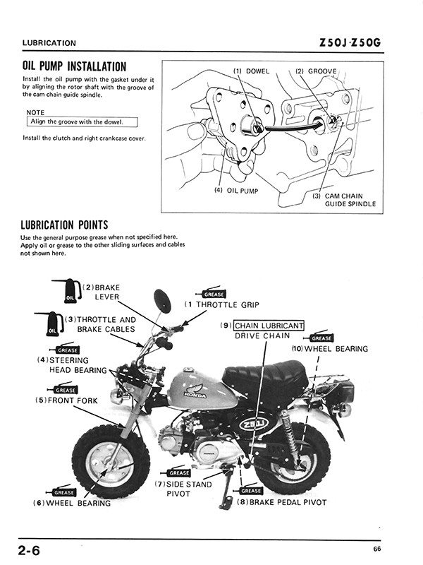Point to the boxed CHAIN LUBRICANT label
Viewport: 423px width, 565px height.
tap(269, 326)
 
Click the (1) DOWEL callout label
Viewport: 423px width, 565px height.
tap(252, 71)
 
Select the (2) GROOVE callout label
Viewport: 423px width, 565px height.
tap(316, 71)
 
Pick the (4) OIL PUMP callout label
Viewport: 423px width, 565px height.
tap(237, 190)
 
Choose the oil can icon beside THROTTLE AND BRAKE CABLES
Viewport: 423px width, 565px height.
tap(53, 325)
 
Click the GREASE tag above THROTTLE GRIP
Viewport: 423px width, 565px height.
tap(214, 294)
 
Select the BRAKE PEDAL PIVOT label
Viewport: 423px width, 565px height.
tap(282, 502)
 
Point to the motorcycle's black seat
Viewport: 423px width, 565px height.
tap(264, 374)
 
